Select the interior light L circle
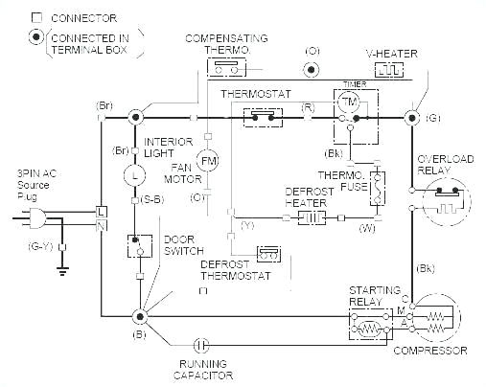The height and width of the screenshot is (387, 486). pos(135,176)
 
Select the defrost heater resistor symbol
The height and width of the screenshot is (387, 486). pos(310,218)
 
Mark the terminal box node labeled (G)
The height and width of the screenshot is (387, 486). pos(411,117)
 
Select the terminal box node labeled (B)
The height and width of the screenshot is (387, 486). pos(140,315)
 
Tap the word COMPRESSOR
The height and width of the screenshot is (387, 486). pos(437,352)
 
